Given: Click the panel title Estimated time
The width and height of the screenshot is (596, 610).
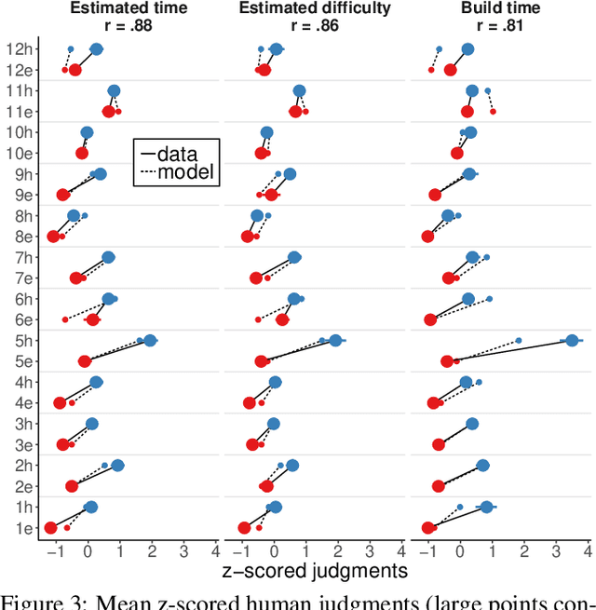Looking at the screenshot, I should click(x=129, y=9).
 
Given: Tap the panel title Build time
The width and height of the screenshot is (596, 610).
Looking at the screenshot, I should click(x=501, y=9).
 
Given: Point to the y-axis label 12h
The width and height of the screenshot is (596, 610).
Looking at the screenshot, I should click(x=20, y=49).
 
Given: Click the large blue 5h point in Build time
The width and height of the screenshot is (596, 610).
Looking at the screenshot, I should click(x=573, y=341).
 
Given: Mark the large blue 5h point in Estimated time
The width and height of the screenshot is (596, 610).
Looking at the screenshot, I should click(x=150, y=341).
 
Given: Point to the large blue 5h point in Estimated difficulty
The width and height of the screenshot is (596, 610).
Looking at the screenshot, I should click(x=335, y=341).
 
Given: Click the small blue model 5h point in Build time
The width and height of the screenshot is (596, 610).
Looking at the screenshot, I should click(x=519, y=341).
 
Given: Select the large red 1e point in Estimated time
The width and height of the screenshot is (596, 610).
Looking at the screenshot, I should click(x=50, y=528).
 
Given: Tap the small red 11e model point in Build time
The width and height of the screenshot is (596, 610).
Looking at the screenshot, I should click(x=493, y=112).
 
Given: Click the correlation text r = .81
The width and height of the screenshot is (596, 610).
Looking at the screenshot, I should click(x=501, y=26).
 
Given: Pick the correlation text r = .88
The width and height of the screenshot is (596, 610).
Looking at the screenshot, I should click(x=129, y=26).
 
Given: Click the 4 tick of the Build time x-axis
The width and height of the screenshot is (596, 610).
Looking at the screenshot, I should click(x=588, y=549).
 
